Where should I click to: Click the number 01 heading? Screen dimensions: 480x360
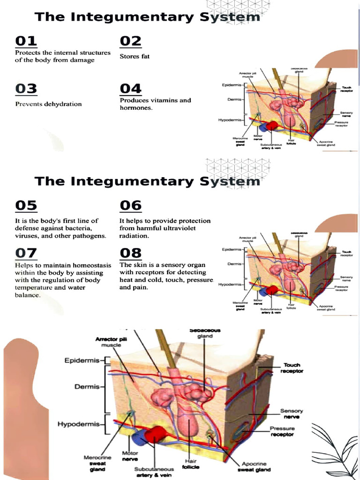[26, 41]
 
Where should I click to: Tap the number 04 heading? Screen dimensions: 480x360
[131, 89]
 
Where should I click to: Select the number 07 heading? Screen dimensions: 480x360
[26, 253]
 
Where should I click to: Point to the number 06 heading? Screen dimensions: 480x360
[131, 205]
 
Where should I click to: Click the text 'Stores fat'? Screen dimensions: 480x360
[135, 57]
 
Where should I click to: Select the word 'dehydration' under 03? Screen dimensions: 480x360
[63, 104]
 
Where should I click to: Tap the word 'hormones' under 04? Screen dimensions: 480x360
[135, 108]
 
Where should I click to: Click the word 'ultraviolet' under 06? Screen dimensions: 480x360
[179, 228]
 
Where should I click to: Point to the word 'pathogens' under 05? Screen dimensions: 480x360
[90, 236]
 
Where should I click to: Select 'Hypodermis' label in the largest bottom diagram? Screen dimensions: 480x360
[79, 424]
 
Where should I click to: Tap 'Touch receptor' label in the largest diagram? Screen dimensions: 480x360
[292, 368]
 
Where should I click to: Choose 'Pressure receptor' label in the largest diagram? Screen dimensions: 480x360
[282, 431]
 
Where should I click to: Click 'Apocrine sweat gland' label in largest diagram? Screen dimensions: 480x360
[256, 466]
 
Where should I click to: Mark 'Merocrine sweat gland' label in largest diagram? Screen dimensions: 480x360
[97, 463]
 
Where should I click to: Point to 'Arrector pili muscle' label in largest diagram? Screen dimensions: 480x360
[108, 342]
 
